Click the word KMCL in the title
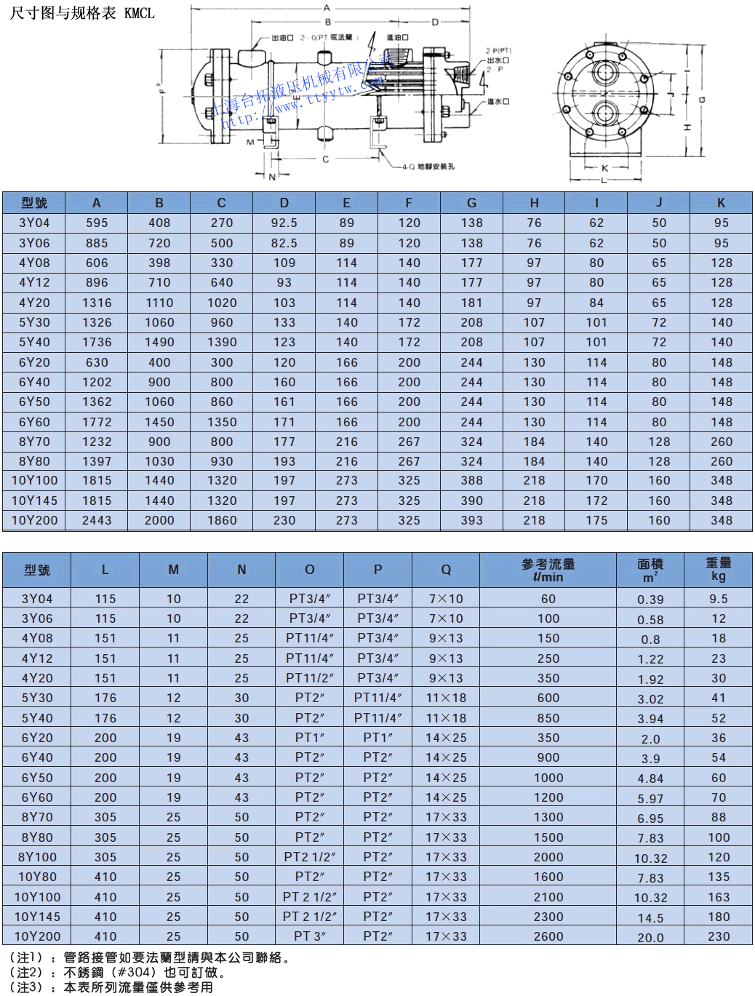click(x=139, y=13)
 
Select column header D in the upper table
click(x=284, y=203)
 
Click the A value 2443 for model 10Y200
click(x=97, y=520)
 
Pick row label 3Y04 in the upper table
click(x=34, y=223)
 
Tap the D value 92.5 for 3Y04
click(x=284, y=223)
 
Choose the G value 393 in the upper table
click(x=471, y=520)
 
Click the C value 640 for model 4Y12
click(x=222, y=282)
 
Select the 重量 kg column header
click(x=718, y=569)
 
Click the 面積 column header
click(x=650, y=570)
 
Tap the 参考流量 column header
click(x=548, y=570)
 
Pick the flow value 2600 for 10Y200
click(x=548, y=936)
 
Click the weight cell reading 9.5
click(x=718, y=599)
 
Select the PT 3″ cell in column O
click(x=309, y=936)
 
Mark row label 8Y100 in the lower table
click(x=37, y=857)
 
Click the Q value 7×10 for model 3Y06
click(x=445, y=618)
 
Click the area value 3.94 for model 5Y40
click(x=650, y=719)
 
